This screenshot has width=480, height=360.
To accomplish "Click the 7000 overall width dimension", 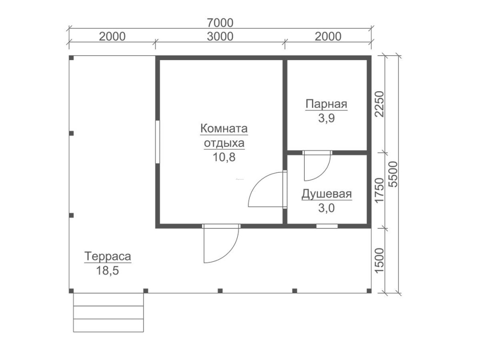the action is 220,23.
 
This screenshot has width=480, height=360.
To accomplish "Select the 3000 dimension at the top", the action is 220,36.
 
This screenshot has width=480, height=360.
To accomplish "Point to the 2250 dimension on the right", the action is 379,104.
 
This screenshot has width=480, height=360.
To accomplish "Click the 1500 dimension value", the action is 379,261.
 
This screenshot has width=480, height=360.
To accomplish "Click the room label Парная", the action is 326,104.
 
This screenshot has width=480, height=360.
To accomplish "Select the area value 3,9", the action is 326,118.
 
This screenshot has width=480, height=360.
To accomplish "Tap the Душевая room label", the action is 326,194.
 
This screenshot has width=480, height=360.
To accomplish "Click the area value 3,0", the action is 326,208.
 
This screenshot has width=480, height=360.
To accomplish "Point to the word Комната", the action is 224,129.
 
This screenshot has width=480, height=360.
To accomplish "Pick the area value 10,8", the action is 224,157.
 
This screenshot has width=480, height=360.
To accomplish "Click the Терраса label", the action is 108,256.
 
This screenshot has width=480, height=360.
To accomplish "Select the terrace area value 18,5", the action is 108,271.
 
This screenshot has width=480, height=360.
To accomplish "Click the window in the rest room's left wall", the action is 157,142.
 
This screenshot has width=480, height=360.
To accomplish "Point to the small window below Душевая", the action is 327,226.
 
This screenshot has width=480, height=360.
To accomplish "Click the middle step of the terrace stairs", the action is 108,312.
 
